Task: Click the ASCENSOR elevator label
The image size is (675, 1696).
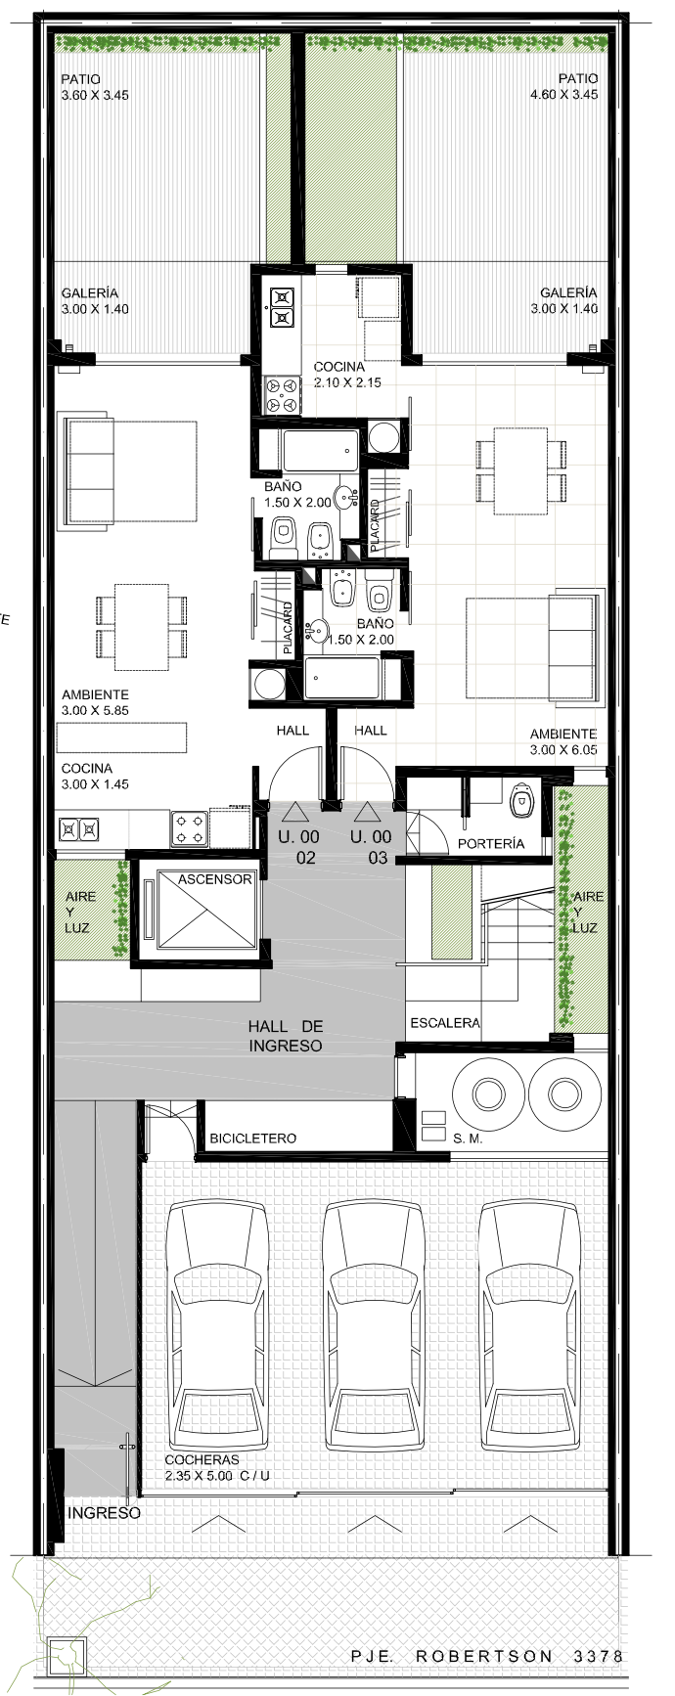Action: [x=215, y=879]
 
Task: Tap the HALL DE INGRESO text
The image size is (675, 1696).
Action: [x=286, y=1036]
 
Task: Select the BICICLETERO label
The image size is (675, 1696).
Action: [x=252, y=1138]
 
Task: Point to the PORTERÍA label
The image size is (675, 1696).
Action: [x=491, y=843]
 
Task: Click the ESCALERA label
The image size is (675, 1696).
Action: [x=445, y=1023]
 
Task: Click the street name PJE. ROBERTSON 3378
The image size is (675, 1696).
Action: [x=487, y=1656]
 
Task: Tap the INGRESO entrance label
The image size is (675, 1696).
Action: [x=104, y=1513]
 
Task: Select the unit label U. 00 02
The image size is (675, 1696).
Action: [x=298, y=847]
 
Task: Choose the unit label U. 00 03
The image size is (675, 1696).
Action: [x=371, y=847]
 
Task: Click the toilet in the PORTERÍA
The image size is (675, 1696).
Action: [x=521, y=799]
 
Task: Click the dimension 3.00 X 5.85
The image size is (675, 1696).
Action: [x=95, y=711]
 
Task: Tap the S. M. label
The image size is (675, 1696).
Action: [x=468, y=1138]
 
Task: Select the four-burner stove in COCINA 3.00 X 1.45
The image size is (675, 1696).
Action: [x=190, y=828]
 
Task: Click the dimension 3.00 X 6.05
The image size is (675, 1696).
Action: [x=563, y=750]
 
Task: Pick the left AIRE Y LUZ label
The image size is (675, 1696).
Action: [x=80, y=912]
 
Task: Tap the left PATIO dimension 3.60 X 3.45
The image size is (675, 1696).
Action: [x=95, y=95]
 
